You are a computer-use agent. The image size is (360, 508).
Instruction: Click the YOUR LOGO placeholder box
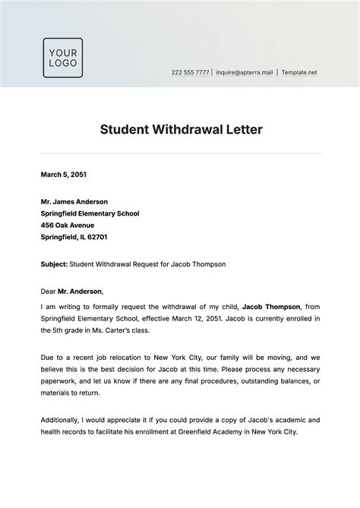point(62,58)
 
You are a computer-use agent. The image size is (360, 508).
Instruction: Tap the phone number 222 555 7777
point(190,73)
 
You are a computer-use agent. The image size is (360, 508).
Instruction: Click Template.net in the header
point(299,73)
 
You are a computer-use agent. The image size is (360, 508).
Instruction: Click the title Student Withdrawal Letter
point(181,129)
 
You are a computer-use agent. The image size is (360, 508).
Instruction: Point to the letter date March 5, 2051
point(64,175)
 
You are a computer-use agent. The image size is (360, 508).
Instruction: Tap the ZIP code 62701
point(96,237)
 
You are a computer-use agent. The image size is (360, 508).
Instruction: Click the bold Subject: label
point(54,264)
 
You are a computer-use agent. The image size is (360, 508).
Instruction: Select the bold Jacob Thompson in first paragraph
point(271,305)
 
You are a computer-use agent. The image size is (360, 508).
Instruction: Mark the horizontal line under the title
point(181,154)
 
